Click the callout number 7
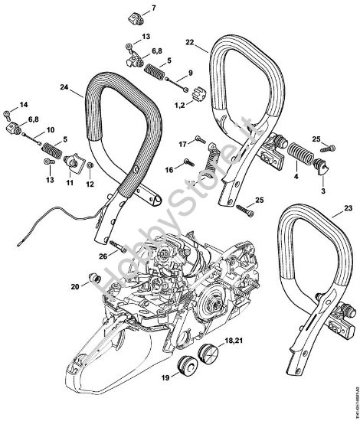click(x=151, y=8)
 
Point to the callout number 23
click(x=350, y=207)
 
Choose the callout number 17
click(x=182, y=144)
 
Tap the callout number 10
click(x=51, y=130)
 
